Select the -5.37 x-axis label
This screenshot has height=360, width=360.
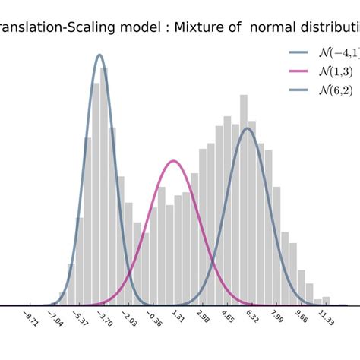pyautogui.click(x=82, y=319)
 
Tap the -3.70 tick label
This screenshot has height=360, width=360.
pyautogui.click(x=107, y=319)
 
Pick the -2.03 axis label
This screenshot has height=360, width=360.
pyautogui.click(x=131, y=319)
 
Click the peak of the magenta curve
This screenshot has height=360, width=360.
pyautogui.click(x=174, y=161)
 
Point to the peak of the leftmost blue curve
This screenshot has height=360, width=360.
pyautogui.click(x=99, y=55)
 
